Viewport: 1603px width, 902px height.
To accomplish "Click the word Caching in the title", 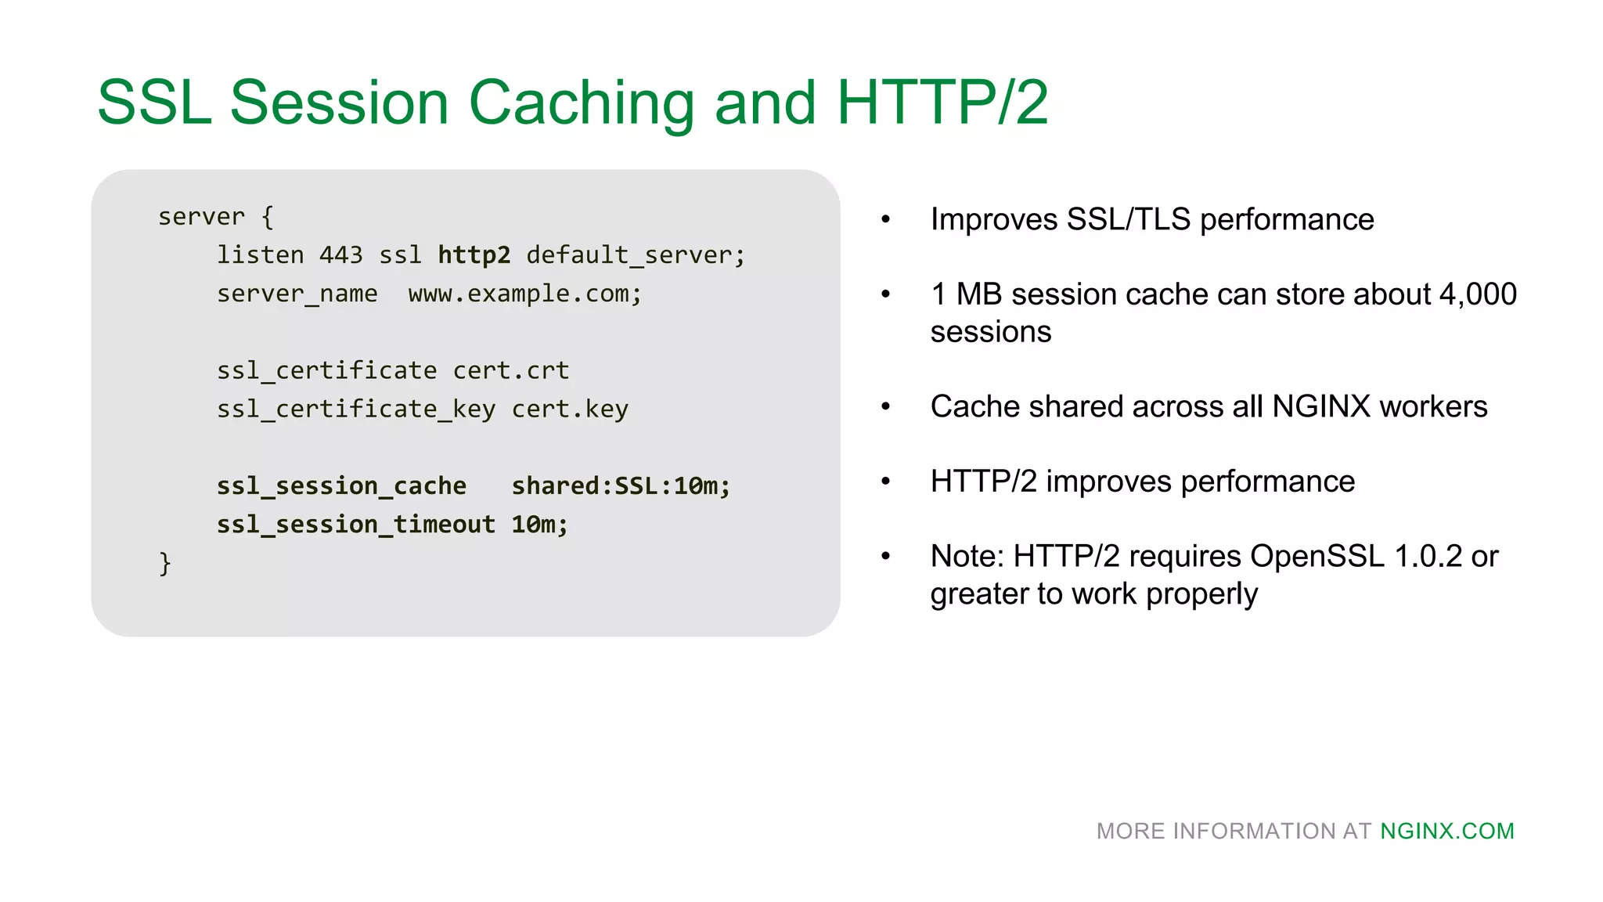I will pos(581,103).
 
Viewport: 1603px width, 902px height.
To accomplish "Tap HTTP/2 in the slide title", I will pos(942,103).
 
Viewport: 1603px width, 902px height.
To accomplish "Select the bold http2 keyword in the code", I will pos(474,255).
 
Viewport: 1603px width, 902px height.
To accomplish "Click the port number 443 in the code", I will pos(340,255).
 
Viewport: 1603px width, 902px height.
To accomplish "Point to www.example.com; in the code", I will pos(524,294).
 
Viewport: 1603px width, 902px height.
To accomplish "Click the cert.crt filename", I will pos(510,370).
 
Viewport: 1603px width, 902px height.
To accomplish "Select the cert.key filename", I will pos(570,409).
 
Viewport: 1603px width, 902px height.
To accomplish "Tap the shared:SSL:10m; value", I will pos(621,486).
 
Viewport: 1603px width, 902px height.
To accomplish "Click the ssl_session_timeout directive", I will pos(356,525).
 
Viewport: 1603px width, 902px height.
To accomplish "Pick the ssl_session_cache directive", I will pos(341,486).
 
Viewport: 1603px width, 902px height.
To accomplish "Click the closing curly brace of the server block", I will pos(164,563).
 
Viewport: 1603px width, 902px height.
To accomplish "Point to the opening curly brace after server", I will pos(268,217).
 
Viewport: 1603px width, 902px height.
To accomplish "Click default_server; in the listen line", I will pos(636,255).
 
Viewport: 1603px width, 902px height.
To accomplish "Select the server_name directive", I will pos(297,294).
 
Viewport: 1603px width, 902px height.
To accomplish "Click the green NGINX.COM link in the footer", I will pos(1447,831).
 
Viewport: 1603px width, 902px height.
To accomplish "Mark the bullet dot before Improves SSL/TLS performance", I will pos(886,220).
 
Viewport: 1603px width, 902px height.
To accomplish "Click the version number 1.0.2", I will pos(1428,556).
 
